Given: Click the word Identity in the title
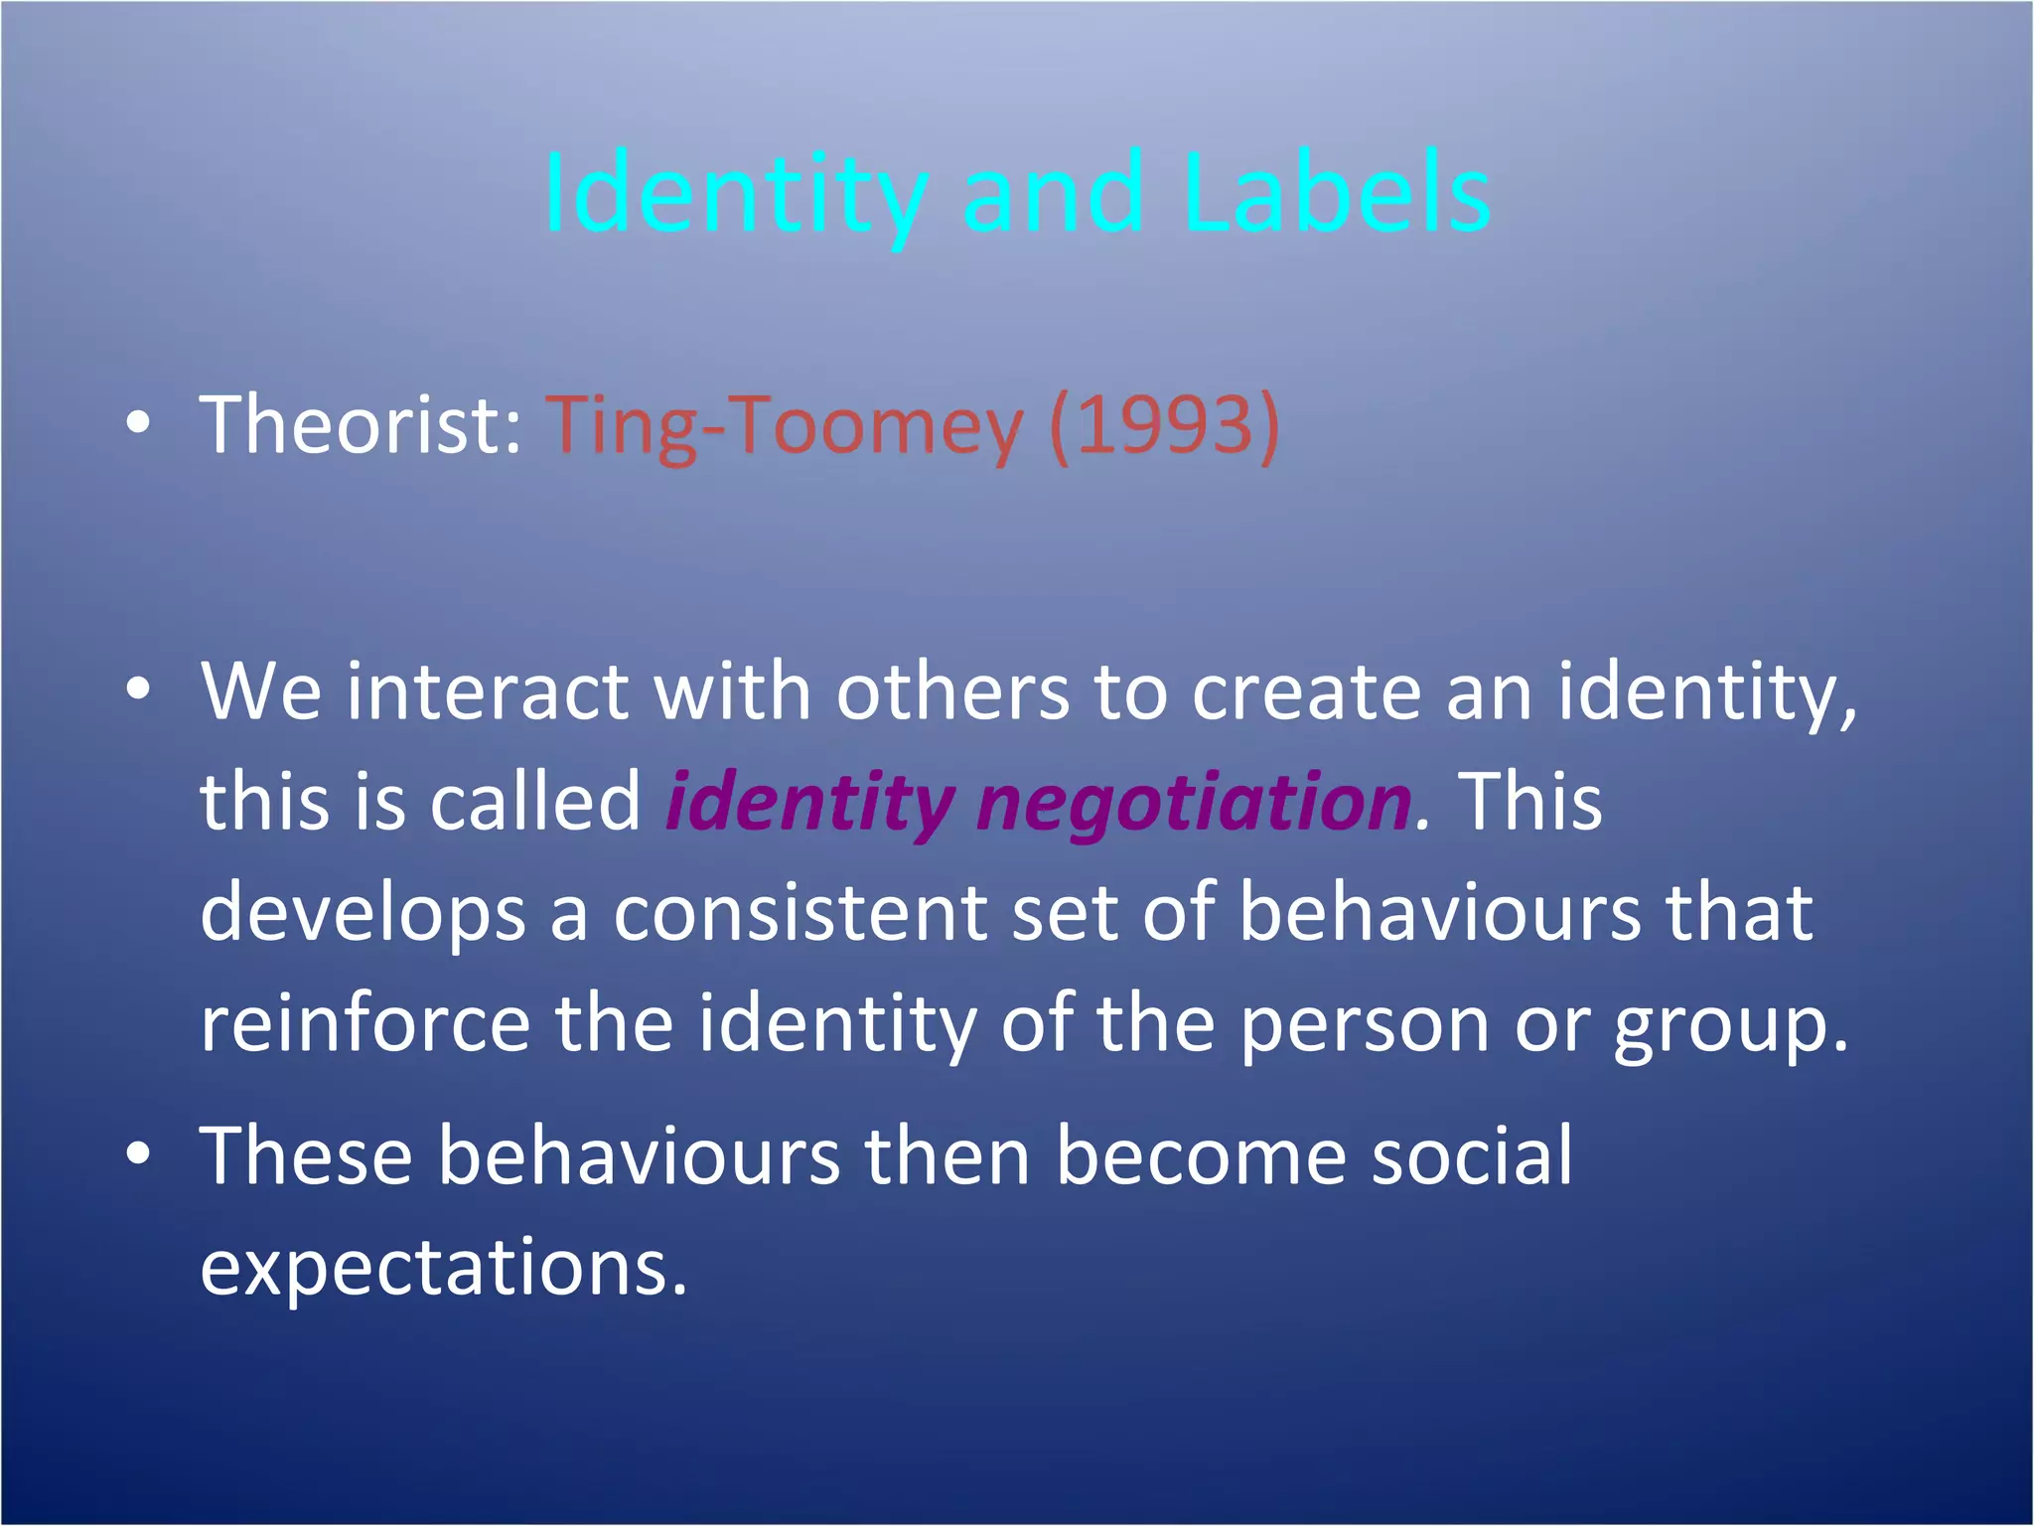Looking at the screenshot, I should coord(735,194).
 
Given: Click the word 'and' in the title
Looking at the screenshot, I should coord(1053,194).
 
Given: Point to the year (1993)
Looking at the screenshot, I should coord(1164,425).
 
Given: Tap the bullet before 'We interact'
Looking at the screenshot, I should coord(139,689).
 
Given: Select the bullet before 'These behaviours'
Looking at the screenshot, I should coord(139,1153).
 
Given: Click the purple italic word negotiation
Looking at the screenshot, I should coord(1193,803).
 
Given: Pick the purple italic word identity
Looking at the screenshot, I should coord(809,803).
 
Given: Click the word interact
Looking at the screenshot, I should coord(487,691).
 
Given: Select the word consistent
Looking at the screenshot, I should coord(799,914).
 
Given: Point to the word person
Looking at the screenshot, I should coord(1365,1025).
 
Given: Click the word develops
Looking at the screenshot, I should coord(363,914).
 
